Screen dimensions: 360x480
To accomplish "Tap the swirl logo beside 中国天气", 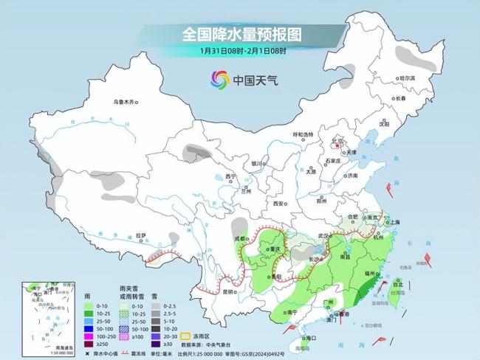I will tap(220, 79).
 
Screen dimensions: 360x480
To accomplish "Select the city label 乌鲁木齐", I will tap(124, 102).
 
